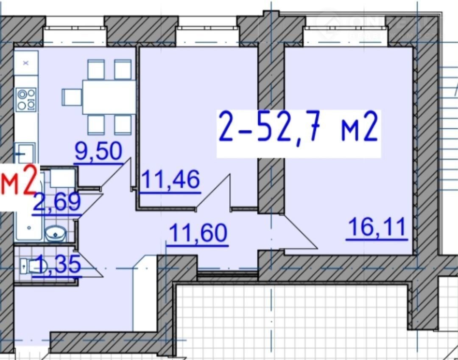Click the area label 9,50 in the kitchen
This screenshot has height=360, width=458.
[x=98, y=152]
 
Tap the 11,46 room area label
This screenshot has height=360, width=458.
[x=170, y=180]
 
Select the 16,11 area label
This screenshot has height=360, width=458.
[x=377, y=227]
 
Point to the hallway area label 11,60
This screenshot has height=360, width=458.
[x=198, y=233]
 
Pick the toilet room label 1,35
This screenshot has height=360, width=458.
[x=56, y=264]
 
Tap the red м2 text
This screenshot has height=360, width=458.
[x=19, y=180]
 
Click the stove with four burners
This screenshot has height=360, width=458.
[x=26, y=99]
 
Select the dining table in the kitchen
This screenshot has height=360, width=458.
[x=109, y=97]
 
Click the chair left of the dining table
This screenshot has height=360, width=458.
[x=72, y=97]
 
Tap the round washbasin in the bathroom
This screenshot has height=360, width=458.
[x=56, y=233]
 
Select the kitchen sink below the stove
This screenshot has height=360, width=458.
[x=25, y=153]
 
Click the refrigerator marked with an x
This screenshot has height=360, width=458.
[x=26, y=63]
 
